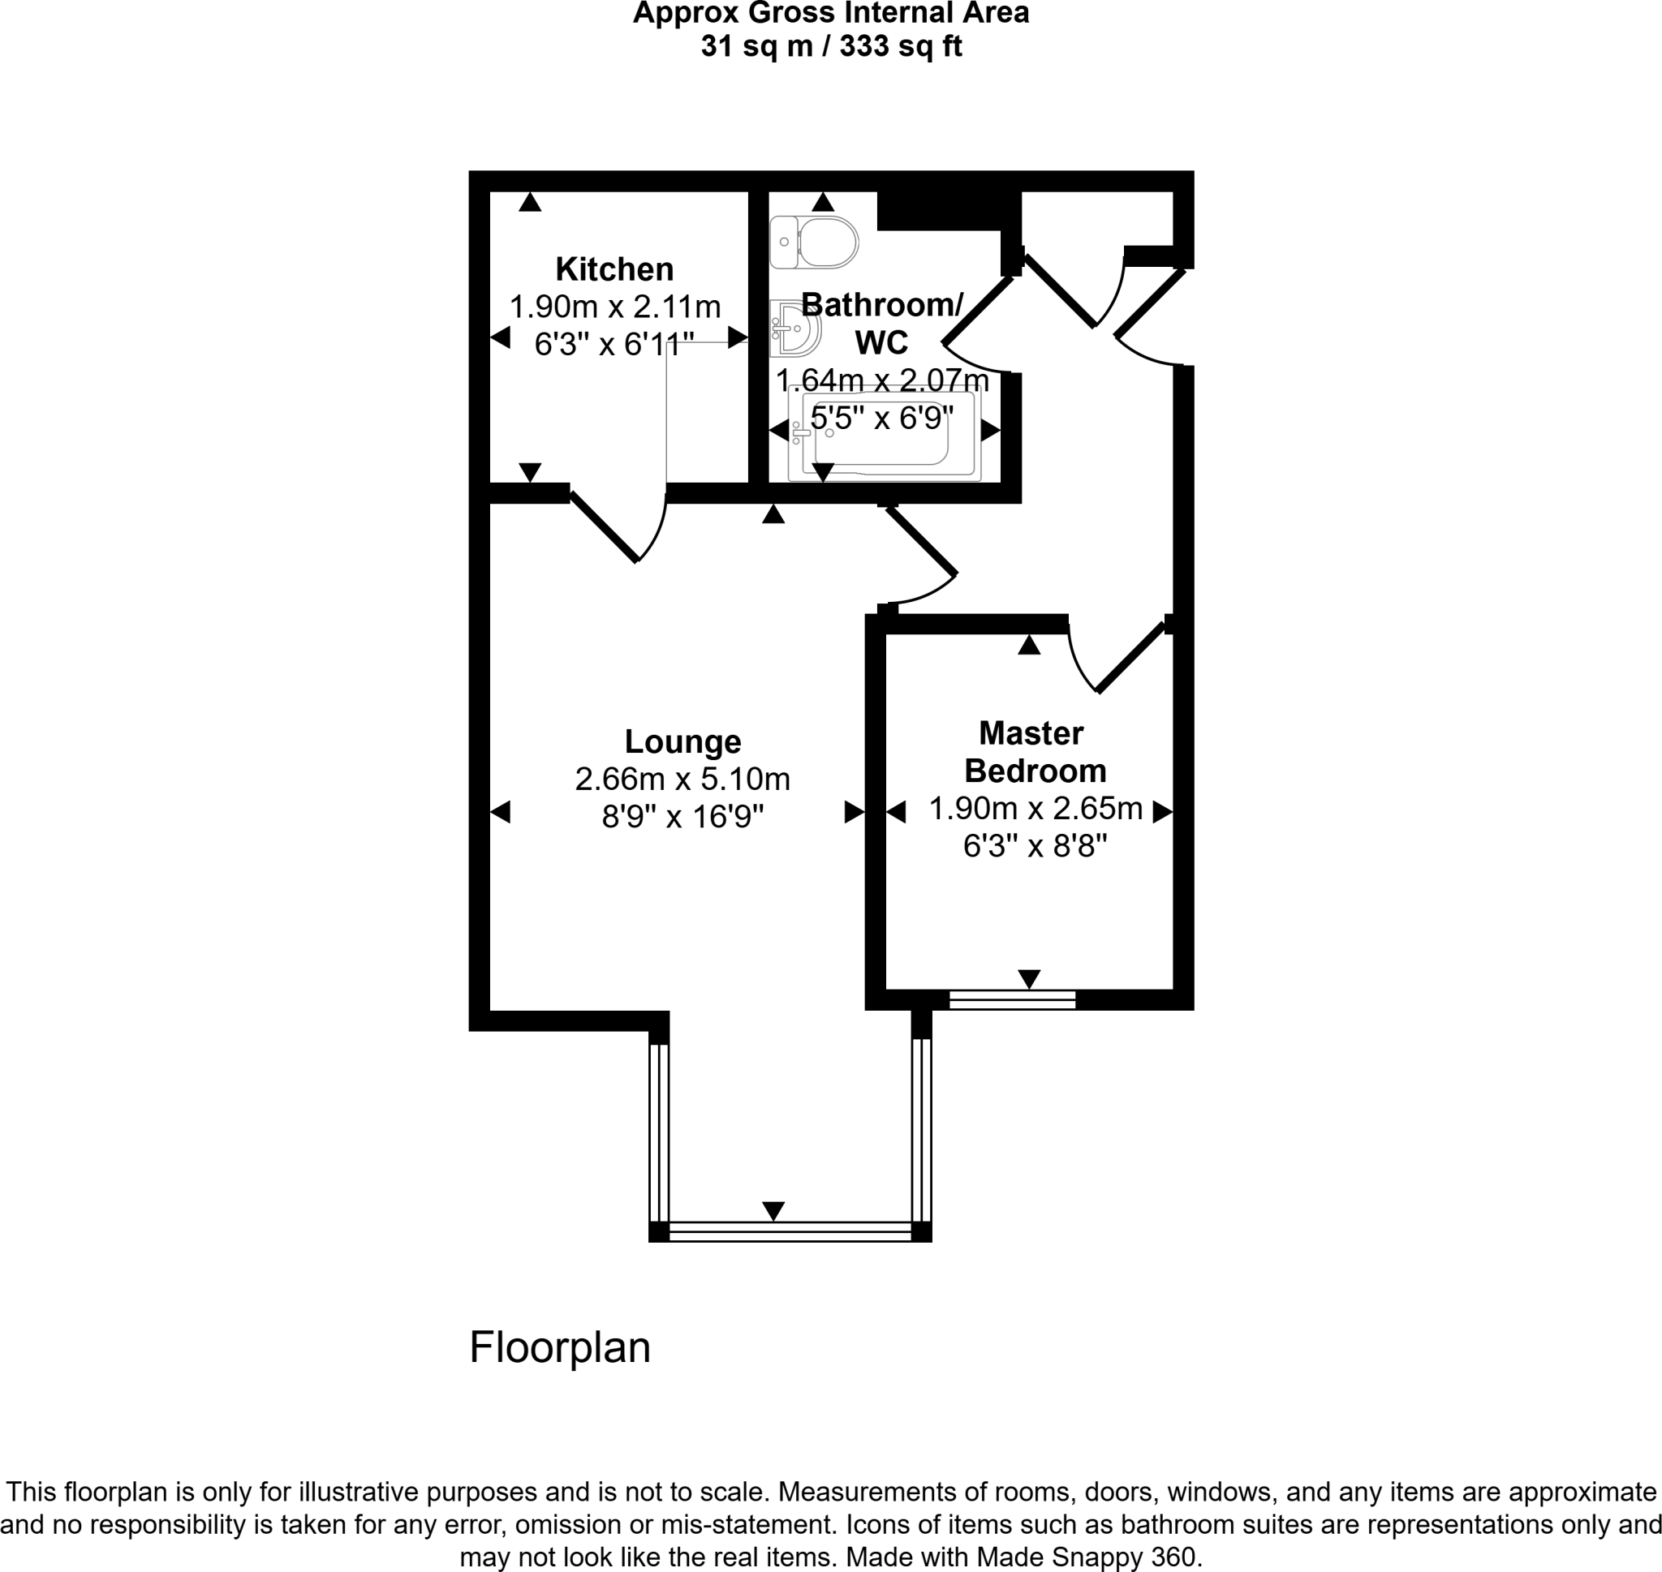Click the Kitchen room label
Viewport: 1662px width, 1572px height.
pyautogui.click(x=614, y=269)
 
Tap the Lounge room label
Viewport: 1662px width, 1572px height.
pyautogui.click(x=682, y=741)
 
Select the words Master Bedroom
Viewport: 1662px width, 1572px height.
pyautogui.click(x=1034, y=752)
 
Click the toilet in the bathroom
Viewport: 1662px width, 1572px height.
pyautogui.click(x=815, y=243)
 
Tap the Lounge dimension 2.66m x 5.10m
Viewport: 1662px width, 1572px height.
pyautogui.click(x=682, y=780)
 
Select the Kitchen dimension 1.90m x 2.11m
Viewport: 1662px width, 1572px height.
pyautogui.click(x=614, y=307)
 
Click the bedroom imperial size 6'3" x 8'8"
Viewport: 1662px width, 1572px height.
pyautogui.click(x=1035, y=846)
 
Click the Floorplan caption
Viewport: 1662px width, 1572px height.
pyautogui.click(x=560, y=1347)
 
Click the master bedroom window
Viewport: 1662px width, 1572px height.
pyautogui.click(x=1012, y=999)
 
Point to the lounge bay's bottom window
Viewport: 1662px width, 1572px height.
pyautogui.click(x=790, y=1231)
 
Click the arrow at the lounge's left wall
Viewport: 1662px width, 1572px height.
pyautogui.click(x=500, y=811)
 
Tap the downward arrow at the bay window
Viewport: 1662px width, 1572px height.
pyautogui.click(x=773, y=1211)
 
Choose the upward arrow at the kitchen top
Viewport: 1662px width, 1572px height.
pyautogui.click(x=530, y=202)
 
